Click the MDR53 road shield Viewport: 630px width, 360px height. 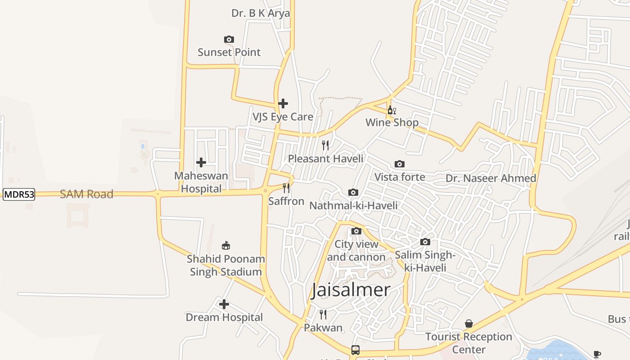[19, 194]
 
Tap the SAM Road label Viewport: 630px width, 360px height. [86, 194]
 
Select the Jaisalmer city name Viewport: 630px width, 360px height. [351, 290]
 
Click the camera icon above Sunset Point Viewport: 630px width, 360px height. [229, 40]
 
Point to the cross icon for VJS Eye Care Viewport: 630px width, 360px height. [283, 103]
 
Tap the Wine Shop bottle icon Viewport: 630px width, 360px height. [391, 110]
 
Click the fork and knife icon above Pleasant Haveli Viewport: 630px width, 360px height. [325, 145]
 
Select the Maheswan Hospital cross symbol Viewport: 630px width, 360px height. [201, 162]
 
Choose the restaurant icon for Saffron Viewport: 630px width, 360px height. [286, 188]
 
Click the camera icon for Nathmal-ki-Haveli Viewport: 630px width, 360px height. [353, 193]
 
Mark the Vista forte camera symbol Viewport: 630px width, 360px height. [400, 164]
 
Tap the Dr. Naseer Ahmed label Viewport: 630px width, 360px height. [491, 178]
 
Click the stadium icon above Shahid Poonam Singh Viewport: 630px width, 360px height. [226, 246]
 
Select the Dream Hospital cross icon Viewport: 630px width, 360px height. [224, 304]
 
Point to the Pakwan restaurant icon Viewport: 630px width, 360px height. [323, 314]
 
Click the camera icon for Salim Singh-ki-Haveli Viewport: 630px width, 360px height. [425, 242]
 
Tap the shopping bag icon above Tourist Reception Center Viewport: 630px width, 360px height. [469, 324]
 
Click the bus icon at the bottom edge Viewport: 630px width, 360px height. [355, 350]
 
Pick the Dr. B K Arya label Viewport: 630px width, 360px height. [261, 13]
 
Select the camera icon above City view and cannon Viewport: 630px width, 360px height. [356, 231]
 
